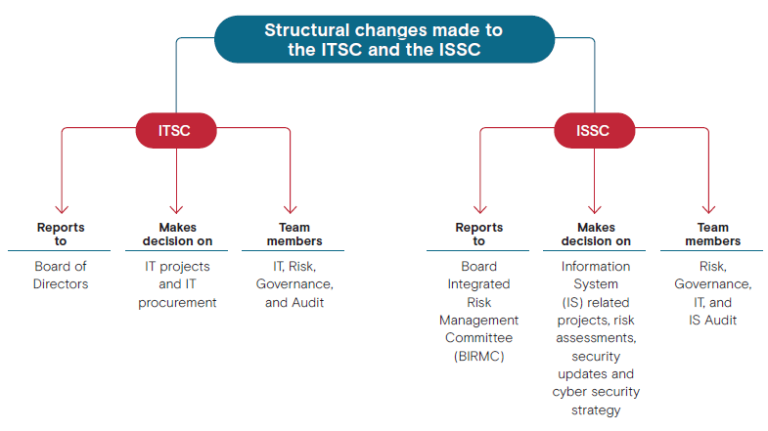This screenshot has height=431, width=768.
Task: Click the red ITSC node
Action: [176, 131]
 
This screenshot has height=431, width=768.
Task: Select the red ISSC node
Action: [594, 131]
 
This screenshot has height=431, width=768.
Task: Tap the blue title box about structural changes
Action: [384, 39]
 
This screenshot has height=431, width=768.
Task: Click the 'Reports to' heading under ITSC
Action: [61, 234]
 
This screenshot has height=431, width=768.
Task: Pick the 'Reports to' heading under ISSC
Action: [479, 234]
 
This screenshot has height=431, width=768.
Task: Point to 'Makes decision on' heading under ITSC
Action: [177, 234]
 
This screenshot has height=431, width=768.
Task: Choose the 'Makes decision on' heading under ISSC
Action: [596, 234]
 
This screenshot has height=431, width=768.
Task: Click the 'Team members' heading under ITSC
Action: [294, 234]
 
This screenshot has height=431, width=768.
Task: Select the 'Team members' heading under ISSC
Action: [712, 234]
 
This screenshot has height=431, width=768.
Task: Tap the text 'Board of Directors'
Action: [61, 275]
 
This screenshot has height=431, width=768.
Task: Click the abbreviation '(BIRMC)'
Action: [479, 356]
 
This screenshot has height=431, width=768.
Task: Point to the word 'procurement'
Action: [177, 303]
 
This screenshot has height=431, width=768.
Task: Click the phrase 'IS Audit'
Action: [712, 320]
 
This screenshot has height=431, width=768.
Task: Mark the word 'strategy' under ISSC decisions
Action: [596, 409]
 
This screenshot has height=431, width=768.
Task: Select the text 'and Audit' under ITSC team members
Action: [294, 302]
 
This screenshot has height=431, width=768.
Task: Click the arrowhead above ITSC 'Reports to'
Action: [62, 210]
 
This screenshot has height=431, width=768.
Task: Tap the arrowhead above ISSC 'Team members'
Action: [708, 210]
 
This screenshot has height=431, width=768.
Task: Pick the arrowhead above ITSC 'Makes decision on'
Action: [176, 210]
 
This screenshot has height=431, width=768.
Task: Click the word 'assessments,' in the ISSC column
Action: [596, 338]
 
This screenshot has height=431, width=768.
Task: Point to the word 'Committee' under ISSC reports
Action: [479, 337]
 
